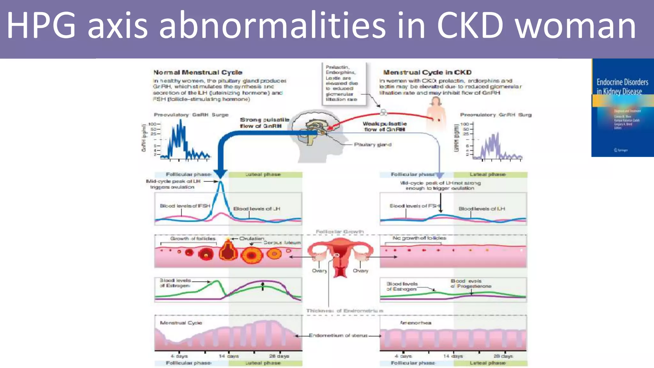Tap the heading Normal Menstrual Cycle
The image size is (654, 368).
tap(198, 73)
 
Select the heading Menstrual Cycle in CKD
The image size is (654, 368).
tap(427, 73)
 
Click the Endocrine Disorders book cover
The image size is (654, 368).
tap(622, 107)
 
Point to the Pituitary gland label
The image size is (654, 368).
tap(372, 145)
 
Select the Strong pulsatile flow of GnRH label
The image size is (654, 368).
tap(264, 123)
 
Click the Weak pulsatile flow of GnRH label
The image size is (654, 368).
tap(384, 126)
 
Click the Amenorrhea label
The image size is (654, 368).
tap(415, 323)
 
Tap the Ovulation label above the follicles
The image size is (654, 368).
tap(252, 239)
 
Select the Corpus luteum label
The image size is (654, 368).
tap(282, 243)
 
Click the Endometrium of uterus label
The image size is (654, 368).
tap(338, 335)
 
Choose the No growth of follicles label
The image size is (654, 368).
tap(419, 238)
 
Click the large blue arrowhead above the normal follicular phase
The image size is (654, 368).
tap(220, 173)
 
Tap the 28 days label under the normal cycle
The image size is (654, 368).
tap(279, 356)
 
